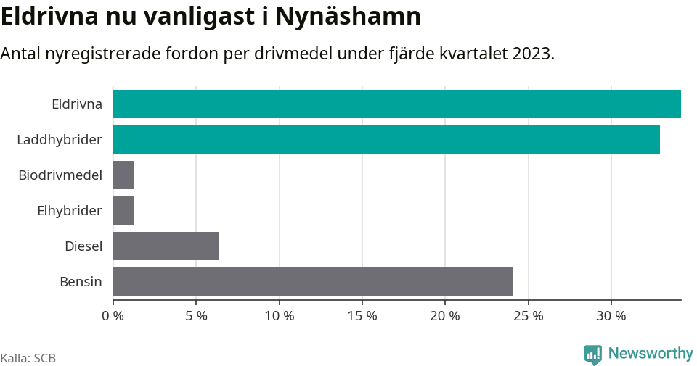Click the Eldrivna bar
point(396,104)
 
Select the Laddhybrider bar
point(386,139)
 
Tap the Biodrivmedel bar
point(123,175)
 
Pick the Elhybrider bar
point(123,210)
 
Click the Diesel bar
point(166,246)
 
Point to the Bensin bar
point(312,281)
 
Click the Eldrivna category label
point(76,104)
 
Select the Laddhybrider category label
point(60,139)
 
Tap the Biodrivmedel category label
point(60,175)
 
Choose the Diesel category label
point(83,246)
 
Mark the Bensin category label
point(81,281)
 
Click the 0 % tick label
point(113,316)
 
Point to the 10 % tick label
point(279,316)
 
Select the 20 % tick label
point(445,316)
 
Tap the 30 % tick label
point(611,316)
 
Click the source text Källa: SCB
point(28,358)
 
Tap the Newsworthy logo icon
point(592,354)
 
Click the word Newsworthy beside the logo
point(651,354)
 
